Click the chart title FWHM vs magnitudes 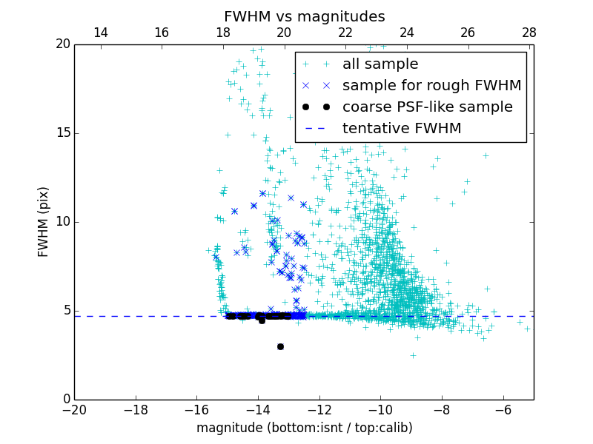[304, 16]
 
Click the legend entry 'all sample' [380, 64]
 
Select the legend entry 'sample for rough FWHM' [431, 86]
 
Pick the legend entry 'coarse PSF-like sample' [427, 107]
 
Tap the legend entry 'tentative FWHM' [402, 129]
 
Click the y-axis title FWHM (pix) [44, 222]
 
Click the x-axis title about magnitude [304, 428]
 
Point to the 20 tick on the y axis [62, 44]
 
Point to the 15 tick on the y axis [62, 133]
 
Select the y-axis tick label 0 [65, 400]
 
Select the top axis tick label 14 [100, 33]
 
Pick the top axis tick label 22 [345, 33]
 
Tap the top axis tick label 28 [529, 33]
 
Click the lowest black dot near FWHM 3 [280, 346]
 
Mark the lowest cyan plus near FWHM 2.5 [413, 355]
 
